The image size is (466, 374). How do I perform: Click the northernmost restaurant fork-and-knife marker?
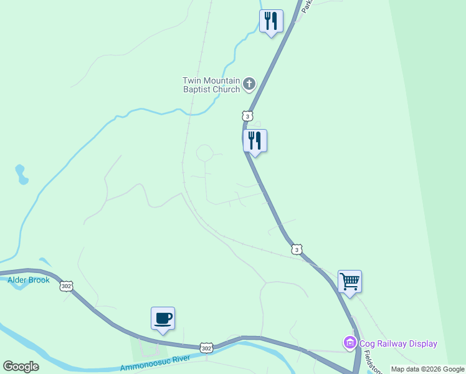[271, 21]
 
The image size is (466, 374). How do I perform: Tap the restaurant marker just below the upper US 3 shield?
[255, 141]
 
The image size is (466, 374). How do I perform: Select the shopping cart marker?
[349, 282]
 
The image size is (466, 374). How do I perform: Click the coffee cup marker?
[163, 319]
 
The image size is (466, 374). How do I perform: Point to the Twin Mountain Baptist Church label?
[211, 85]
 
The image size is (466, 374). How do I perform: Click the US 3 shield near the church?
[247, 116]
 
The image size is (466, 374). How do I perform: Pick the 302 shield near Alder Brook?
[67, 286]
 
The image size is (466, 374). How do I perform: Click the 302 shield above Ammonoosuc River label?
[206, 347]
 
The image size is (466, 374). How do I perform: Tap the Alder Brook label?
[29, 280]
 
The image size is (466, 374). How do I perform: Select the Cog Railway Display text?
[397, 343]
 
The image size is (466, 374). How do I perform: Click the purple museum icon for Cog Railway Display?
[349, 343]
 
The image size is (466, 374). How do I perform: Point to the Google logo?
[21, 367]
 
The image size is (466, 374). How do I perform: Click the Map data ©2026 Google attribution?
[427, 369]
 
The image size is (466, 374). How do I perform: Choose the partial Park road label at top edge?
[306, 6]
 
